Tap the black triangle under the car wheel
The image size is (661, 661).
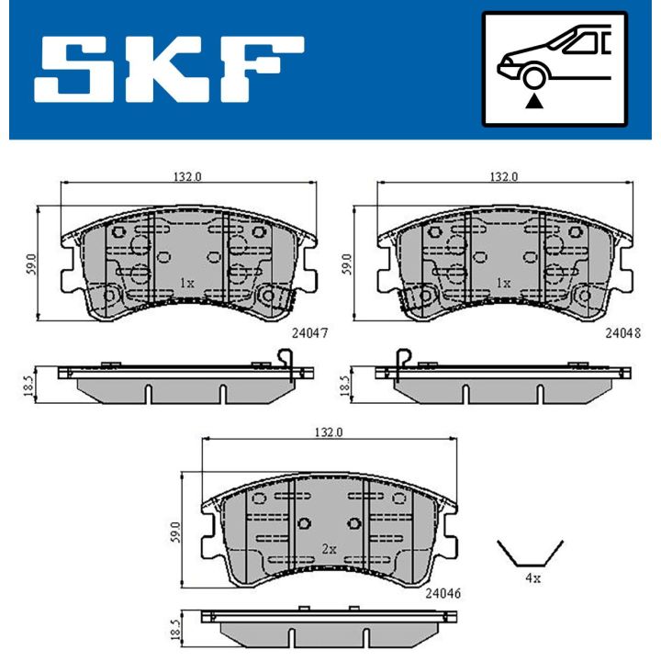(x=533, y=103)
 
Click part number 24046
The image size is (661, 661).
(x=442, y=593)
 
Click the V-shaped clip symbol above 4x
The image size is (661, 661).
(x=531, y=554)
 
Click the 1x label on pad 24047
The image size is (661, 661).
(x=186, y=284)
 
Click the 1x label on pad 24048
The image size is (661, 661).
(x=502, y=284)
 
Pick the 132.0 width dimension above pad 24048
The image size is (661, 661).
(x=503, y=176)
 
